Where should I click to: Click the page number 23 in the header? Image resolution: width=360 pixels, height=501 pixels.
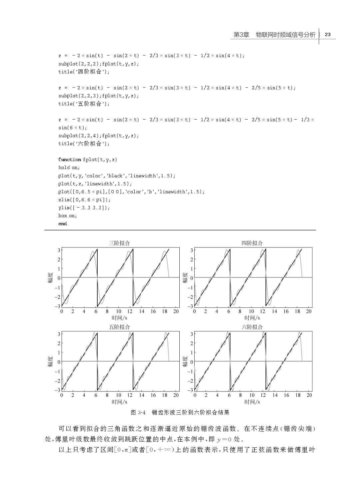327,35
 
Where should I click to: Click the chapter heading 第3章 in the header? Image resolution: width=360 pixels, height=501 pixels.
241,35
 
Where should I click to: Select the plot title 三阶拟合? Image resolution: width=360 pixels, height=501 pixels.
119,243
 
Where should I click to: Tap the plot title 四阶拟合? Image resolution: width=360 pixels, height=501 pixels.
252,243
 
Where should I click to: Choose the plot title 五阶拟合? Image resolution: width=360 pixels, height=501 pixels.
119,327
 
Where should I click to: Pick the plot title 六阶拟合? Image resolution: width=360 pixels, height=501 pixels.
252,327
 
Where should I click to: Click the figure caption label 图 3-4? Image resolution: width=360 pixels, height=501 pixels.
138,412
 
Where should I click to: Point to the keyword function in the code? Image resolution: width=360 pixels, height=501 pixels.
70,160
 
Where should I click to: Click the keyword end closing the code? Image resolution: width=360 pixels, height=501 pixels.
63,224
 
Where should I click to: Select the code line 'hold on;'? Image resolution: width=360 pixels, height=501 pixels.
69,168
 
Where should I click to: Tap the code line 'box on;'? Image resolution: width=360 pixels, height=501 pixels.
68,216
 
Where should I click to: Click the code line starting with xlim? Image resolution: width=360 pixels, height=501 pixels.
84,200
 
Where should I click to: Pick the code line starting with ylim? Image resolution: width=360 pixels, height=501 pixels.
84,208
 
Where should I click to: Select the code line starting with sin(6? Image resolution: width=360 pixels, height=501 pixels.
73,128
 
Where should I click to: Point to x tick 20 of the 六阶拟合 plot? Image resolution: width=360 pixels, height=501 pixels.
309,395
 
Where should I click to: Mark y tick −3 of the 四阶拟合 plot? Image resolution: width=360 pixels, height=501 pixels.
191,306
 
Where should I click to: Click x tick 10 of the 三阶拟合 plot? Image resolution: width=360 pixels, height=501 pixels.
119,311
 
